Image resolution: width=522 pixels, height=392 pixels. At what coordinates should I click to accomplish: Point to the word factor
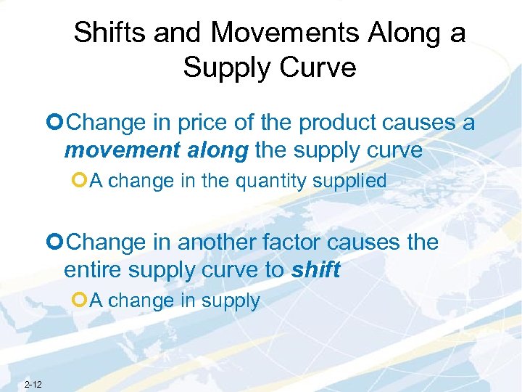pos(297,242)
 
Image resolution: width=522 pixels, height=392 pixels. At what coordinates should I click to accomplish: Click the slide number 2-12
pos(33,384)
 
